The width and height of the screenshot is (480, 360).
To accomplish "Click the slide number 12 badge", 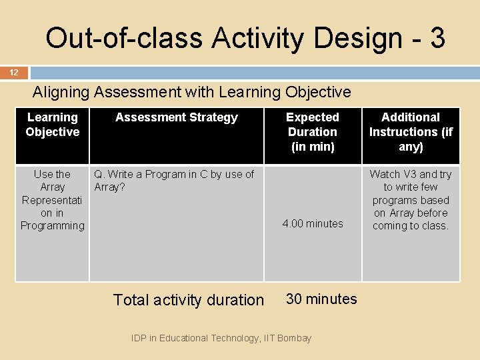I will coord(14,73).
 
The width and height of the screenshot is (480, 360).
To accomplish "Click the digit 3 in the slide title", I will coord(437,38).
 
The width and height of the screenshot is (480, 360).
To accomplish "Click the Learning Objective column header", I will coord(52,125).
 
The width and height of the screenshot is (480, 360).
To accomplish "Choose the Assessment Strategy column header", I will coord(176,117).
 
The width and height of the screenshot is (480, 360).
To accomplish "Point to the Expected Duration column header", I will coord(312,131).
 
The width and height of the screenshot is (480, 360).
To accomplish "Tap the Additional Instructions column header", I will coord(411,131).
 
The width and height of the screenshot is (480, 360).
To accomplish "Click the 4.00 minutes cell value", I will coord(312,223).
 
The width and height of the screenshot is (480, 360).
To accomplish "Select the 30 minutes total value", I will coord(321,299).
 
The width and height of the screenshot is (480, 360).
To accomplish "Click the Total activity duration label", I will coord(189,300).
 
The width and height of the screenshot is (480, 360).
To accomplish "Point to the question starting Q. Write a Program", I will coord(174,174).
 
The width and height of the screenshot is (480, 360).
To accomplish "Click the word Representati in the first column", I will coord(52,200).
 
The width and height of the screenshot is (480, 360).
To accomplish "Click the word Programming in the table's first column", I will coord(52,225).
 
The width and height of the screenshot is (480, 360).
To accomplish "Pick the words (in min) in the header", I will coord(312,146).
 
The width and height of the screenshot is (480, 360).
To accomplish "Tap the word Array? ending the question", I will coord(110,187).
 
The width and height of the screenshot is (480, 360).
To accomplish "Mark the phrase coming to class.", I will coord(411,225).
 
